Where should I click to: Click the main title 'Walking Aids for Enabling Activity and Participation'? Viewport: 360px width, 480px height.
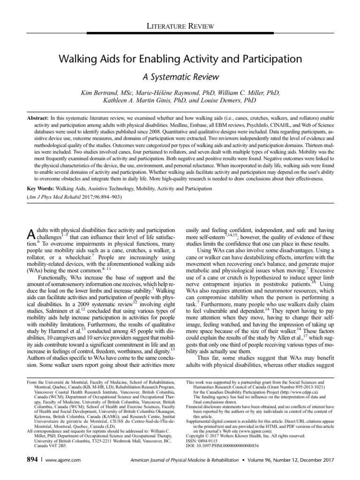point(180,59)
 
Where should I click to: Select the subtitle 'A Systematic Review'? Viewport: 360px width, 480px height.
point(180,76)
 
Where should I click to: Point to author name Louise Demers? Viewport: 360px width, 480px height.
point(234,101)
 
